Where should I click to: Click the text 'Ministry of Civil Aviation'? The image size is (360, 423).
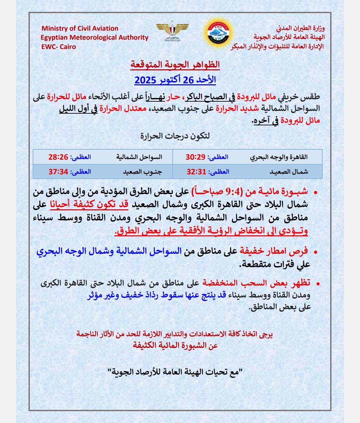pos(80,29)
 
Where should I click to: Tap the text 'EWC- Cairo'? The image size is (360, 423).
pos(58,47)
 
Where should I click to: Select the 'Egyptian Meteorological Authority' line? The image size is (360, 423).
pos(94,38)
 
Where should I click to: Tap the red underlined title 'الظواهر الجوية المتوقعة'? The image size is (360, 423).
pos(175,64)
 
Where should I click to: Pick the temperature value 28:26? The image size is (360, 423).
pos(58,157)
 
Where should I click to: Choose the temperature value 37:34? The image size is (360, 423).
pos(58,172)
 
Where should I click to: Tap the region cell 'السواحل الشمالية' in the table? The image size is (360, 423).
pos(139,157)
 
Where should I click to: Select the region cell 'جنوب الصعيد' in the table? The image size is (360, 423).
pos(142,172)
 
